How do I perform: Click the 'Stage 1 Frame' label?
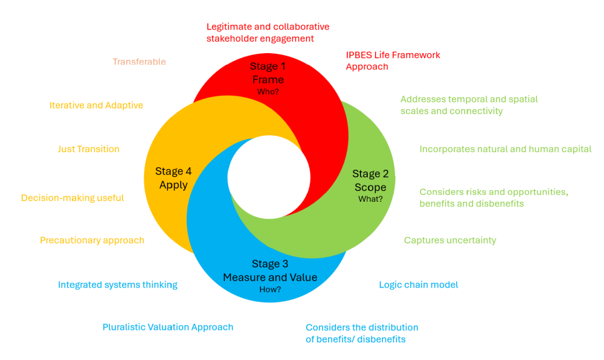pos(268,73)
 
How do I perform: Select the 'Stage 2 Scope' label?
pos(370,181)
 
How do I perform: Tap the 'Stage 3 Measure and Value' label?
pos(270,271)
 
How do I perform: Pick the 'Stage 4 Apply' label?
pos(173,178)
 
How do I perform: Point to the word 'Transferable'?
pos(139,62)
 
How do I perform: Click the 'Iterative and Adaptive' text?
pos(96,105)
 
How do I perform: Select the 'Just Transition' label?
pos(89,149)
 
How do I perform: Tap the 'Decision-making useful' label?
pos(72,198)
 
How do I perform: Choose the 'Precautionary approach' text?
pos(92,240)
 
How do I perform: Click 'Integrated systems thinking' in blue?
pos(118,284)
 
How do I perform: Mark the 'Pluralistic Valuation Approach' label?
pos(168,327)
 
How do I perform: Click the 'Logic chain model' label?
pos(419,284)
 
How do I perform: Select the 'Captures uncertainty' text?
pos(450,240)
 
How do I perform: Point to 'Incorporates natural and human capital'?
pos(506,149)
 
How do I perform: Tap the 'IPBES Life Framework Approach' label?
pos(393,60)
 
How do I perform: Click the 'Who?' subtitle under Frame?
pos(268,92)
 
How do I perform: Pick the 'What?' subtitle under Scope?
pos(370,199)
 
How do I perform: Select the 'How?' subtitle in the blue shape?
pos(270,289)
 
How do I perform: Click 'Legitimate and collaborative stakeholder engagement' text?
pos(268,33)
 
